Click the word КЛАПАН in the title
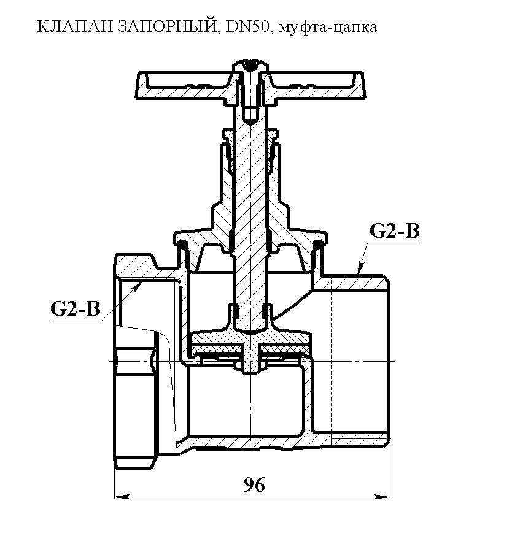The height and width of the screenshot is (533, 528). (x=75, y=27)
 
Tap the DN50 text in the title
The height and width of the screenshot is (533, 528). (x=247, y=27)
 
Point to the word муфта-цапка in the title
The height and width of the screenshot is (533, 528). (x=327, y=28)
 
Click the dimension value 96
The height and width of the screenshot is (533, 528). (x=254, y=484)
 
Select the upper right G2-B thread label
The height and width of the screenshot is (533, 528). (x=394, y=231)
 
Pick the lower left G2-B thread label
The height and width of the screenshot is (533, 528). (x=76, y=309)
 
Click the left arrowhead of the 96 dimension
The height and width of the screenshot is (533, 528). (x=122, y=497)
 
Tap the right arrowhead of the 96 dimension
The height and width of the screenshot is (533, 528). (x=381, y=497)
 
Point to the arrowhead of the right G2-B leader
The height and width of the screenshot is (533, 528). (x=360, y=268)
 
